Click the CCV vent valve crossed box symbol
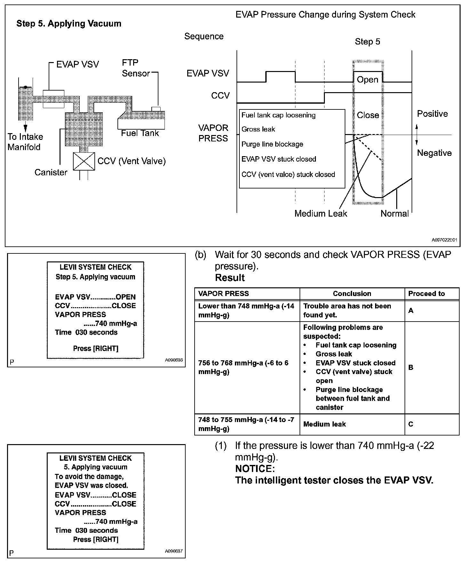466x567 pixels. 84,161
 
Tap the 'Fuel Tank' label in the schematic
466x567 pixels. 140,133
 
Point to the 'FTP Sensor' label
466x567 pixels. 136,68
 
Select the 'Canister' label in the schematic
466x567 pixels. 51,172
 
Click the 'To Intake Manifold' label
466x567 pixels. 25,142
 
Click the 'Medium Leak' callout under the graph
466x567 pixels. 321,213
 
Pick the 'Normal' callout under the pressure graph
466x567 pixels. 394,213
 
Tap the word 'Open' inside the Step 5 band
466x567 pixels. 367,80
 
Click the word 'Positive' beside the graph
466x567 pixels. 432,114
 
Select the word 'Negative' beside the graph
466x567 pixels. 434,153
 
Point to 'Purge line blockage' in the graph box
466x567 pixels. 272,144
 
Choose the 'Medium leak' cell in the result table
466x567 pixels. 325,424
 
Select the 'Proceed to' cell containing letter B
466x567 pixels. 411,367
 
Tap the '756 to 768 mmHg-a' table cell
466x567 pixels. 243,367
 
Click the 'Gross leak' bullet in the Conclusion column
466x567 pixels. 333,354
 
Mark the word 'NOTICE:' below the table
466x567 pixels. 255,469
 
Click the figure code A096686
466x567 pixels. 174,360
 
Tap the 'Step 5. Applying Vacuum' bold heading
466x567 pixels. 69,24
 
